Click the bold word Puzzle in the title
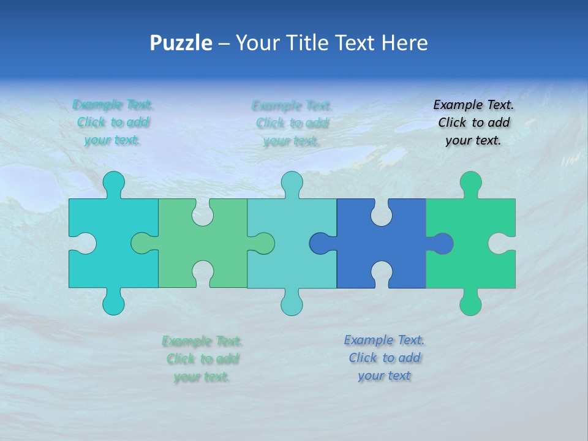(181, 43)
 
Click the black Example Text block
(473, 123)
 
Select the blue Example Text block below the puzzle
(384, 358)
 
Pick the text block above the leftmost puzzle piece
(113, 122)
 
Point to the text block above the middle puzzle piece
(292, 123)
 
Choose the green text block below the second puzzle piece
(202, 358)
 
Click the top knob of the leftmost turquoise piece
(113, 182)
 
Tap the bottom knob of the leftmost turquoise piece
(113, 303)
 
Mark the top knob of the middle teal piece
(292, 182)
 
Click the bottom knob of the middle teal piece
(292, 303)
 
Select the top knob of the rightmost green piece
(470, 182)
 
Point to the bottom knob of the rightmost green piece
(470, 303)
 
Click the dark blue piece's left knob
(320, 243)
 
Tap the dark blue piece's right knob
(443, 243)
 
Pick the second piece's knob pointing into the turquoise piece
(141, 243)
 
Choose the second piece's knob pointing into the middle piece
(264, 243)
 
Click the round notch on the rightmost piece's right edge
(506, 243)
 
